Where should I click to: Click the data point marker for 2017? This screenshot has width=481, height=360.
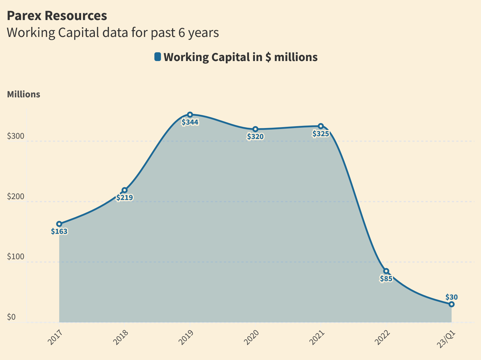click(59, 224)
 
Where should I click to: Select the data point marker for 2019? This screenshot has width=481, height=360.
click(190, 115)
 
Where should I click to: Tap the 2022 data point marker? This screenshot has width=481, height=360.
click(386, 271)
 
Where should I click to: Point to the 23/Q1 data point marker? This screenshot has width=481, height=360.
click(451, 304)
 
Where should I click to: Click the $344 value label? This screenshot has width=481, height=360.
click(190, 122)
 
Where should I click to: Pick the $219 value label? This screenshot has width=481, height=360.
click(125, 198)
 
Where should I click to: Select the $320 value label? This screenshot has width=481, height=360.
click(255, 136)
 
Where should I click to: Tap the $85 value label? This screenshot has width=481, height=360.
click(386, 279)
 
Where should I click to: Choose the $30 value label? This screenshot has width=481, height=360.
click(452, 297)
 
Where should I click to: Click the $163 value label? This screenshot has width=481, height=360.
click(59, 232)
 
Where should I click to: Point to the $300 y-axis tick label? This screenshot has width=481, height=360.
click(16, 136)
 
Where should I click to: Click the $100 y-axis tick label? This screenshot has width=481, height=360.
click(16, 257)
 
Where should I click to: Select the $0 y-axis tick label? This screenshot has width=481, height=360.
click(11, 317)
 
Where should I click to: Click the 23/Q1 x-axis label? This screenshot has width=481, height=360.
click(447, 338)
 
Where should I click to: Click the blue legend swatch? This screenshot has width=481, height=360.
click(158, 57)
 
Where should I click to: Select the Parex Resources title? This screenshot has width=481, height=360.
click(57, 16)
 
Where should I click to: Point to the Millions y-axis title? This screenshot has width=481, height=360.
click(23, 94)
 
